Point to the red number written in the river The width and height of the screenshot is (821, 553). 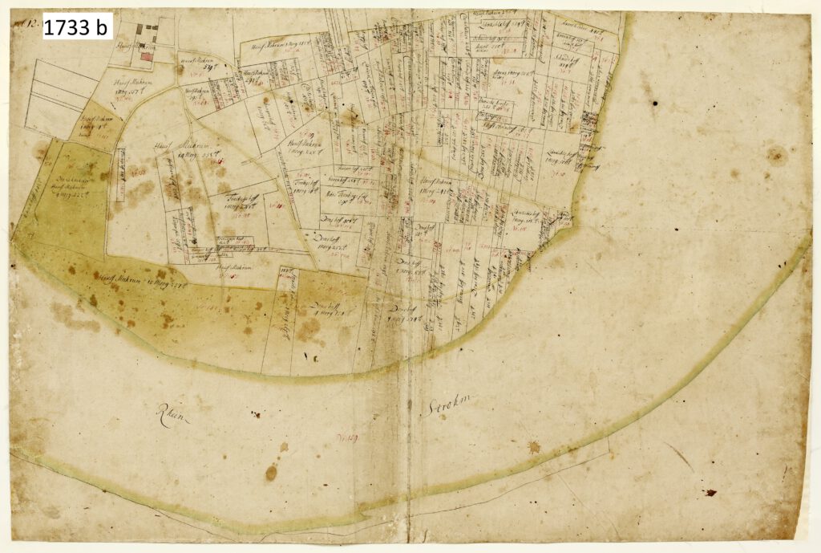click(347, 437)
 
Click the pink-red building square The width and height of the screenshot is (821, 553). click(146, 55)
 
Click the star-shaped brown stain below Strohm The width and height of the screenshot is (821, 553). click(534, 446)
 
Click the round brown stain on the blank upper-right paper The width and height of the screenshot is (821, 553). click(775, 154)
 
